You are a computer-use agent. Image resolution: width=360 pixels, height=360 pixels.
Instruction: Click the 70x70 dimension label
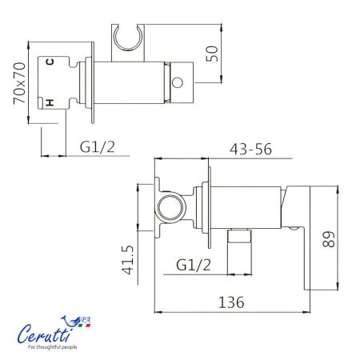tap(20, 83)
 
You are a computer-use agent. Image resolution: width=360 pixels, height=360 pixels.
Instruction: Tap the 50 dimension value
tap(212, 54)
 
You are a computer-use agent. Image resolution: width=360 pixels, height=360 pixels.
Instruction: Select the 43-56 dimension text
tap(250, 150)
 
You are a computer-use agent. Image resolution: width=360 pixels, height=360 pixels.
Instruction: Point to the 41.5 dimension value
tap(127, 260)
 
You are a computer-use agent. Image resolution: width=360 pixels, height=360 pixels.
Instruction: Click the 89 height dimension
tap(329, 239)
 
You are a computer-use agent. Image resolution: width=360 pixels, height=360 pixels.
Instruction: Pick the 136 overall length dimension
tap(231, 302)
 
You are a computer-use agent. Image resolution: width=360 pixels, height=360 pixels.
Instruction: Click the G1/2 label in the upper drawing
tap(98, 147)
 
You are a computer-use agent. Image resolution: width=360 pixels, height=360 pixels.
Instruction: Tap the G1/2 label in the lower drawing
tap(194, 265)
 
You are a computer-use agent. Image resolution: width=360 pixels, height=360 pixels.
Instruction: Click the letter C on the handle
tap(50, 62)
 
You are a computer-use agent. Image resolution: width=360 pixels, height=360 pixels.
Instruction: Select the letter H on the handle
tap(50, 102)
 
